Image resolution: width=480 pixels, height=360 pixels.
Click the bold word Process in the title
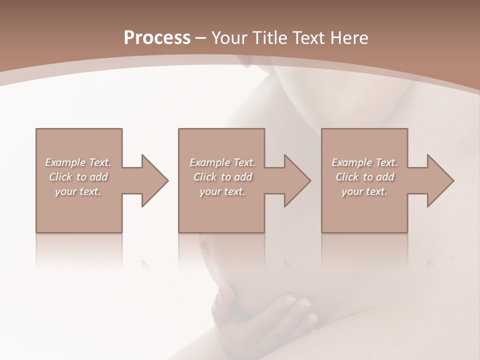[x=157, y=38]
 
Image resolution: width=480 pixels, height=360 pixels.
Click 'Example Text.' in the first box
[x=78, y=162]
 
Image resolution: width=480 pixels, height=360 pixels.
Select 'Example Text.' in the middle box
[x=222, y=162]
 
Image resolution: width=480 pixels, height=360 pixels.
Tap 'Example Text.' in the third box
[x=364, y=162]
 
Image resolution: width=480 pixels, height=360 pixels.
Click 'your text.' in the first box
[x=78, y=191]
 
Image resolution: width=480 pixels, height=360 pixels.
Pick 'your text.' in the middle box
[x=222, y=191]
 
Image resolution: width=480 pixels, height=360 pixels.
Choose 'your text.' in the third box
[x=364, y=191]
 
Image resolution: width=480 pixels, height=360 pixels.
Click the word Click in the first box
[x=60, y=177]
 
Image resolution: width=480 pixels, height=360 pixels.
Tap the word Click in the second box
[x=205, y=177]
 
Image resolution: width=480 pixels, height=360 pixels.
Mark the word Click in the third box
[x=347, y=177]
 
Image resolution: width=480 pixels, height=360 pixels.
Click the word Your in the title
[x=228, y=38]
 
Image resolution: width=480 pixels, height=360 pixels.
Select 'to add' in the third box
[x=379, y=177]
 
